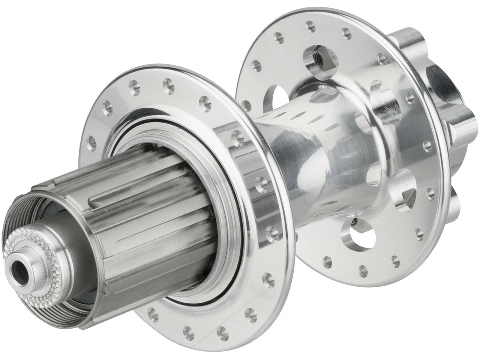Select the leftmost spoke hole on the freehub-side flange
pyautogui.click(x=90, y=142)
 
